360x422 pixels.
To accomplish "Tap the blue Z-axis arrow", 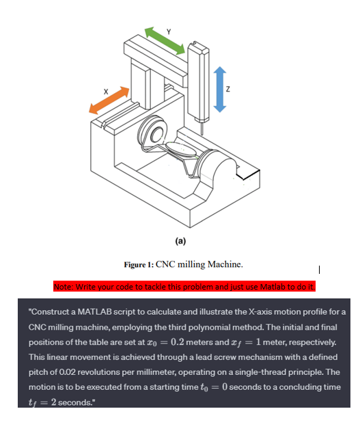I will (x=220, y=89).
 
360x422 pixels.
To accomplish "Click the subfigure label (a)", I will (x=180, y=240).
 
